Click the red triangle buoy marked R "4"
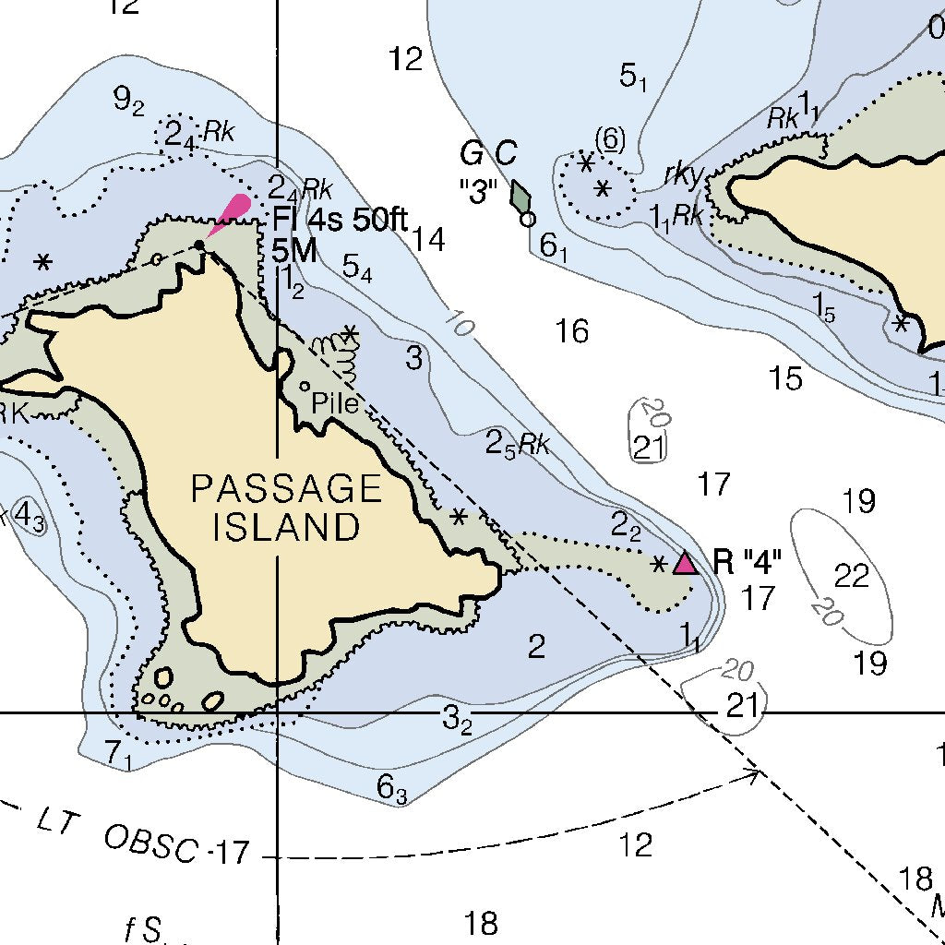[x=685, y=563]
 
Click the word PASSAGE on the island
[x=286, y=488]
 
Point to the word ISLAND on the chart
[x=286, y=527]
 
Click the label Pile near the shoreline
[x=333, y=402]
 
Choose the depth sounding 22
[x=852, y=576]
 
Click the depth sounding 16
[x=572, y=330]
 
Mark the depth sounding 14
[x=428, y=240]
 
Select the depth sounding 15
[x=786, y=378]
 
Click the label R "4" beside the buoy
[x=748, y=561]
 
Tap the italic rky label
[x=683, y=174]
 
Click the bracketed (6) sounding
[x=609, y=139]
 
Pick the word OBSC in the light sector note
[x=152, y=843]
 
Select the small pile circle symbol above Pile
[x=305, y=387]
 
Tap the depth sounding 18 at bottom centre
[x=481, y=922]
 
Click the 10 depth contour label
[x=459, y=324]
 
